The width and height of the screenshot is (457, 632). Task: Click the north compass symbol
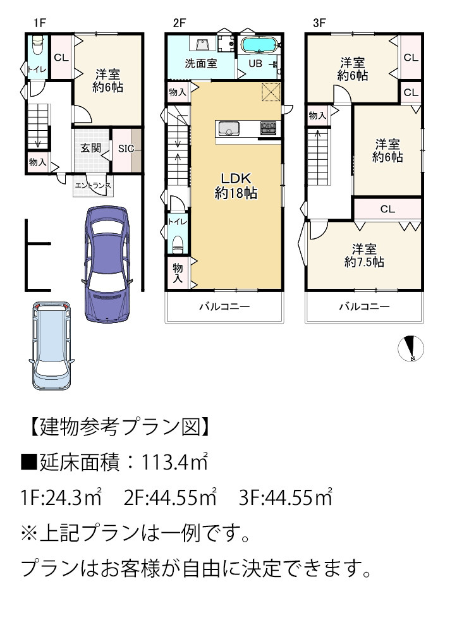tap(411, 348)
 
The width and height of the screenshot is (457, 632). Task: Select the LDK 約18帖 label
tap(236, 186)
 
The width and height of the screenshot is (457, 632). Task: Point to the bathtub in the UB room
tap(259, 45)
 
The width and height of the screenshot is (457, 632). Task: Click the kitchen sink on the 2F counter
tap(229, 129)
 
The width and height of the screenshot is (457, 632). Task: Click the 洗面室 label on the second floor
tap(201, 63)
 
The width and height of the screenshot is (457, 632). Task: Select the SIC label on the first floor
tap(126, 149)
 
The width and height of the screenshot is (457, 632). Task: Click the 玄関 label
tap(90, 147)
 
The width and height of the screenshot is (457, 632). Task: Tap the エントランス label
tap(93, 186)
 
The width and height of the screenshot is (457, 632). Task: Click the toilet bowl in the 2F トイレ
tap(178, 244)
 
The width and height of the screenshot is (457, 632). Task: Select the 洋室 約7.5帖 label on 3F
tap(364, 255)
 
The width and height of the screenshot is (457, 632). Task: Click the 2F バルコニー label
tap(224, 307)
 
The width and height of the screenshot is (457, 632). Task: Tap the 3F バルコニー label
tap(364, 307)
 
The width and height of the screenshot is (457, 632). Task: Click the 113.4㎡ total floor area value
tap(174, 462)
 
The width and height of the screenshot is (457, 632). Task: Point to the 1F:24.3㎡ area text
tap(61, 497)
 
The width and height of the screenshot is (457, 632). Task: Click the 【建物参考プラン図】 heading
tap(119, 427)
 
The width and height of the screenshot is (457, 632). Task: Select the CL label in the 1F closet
tap(61, 58)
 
